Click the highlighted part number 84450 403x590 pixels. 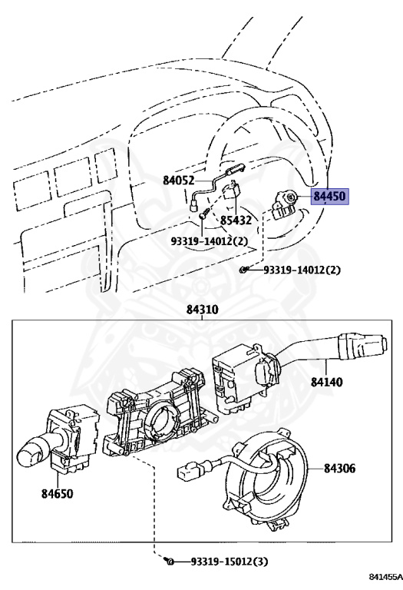pyautogui.click(x=329, y=197)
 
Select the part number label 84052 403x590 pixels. pyautogui.click(x=179, y=181)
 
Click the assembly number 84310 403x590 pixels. pyautogui.click(x=202, y=310)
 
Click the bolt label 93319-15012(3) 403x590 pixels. pyautogui.click(x=220, y=563)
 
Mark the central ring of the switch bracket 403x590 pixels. pyautogui.click(x=162, y=419)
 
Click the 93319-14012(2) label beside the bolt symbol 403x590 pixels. pyautogui.click(x=302, y=270)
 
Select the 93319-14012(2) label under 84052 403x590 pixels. pyautogui.click(x=210, y=241)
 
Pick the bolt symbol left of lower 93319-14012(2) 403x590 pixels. pyautogui.click(x=243, y=270)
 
